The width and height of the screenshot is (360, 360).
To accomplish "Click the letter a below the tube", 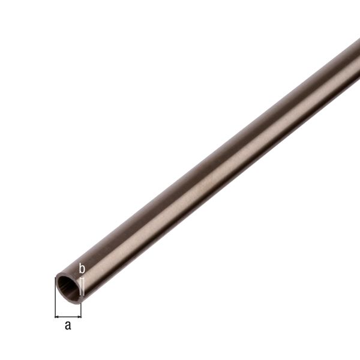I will click(68, 326).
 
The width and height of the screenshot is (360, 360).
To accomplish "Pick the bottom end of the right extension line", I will click(81, 317).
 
